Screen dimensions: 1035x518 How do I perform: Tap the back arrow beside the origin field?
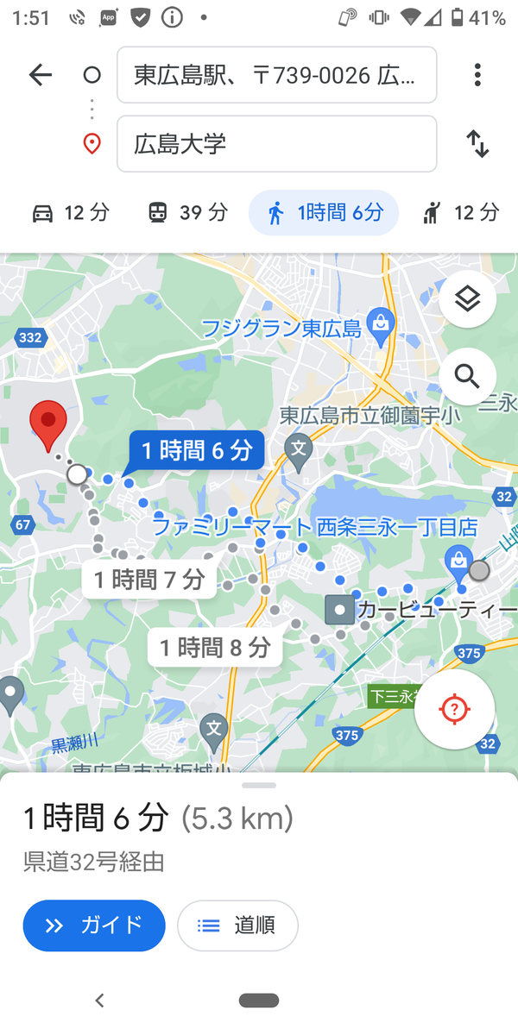[41, 75]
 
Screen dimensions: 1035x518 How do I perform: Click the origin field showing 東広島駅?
[276, 75]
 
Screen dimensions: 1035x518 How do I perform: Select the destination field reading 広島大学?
[276, 144]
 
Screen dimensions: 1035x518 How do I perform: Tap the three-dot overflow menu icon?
[477, 75]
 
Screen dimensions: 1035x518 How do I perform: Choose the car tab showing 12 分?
[71, 212]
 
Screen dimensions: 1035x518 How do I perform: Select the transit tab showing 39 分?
[187, 212]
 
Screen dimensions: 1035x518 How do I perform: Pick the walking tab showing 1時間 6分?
[324, 212]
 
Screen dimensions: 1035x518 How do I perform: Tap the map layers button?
[467, 299]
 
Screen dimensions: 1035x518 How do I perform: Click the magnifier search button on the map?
[467, 376]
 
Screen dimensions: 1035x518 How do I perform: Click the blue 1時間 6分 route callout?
[197, 450]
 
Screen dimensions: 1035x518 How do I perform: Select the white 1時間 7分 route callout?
[149, 580]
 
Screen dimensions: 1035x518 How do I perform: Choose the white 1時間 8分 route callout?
[215, 648]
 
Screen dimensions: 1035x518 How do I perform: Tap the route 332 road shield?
[30, 338]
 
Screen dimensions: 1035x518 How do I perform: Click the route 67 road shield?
[22, 525]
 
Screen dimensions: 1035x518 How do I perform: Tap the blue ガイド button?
[94, 925]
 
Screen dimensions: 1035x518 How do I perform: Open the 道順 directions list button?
[237, 925]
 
